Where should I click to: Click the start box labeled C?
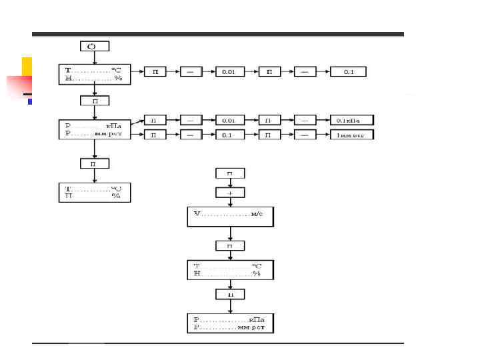pos(94,46)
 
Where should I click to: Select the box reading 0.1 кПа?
pos(352,121)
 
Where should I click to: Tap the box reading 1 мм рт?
pos(352,134)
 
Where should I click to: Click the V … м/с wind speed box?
pos(230,217)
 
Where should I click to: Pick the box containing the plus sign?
pos(230,192)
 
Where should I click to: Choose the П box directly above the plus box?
pos(230,174)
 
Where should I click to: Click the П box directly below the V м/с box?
pos(230,245)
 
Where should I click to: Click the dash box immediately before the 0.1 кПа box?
pos(305,121)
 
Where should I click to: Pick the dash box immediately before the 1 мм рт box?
pos(305,134)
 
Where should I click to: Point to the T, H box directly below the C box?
pos(94,74)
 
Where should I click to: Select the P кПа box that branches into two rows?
pos(94,129)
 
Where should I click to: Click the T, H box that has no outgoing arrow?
pos(94,192)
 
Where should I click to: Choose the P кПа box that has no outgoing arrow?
pos(230,323)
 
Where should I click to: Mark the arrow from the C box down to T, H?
pos(94,58)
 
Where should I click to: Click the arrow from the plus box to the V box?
pos(230,202)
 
